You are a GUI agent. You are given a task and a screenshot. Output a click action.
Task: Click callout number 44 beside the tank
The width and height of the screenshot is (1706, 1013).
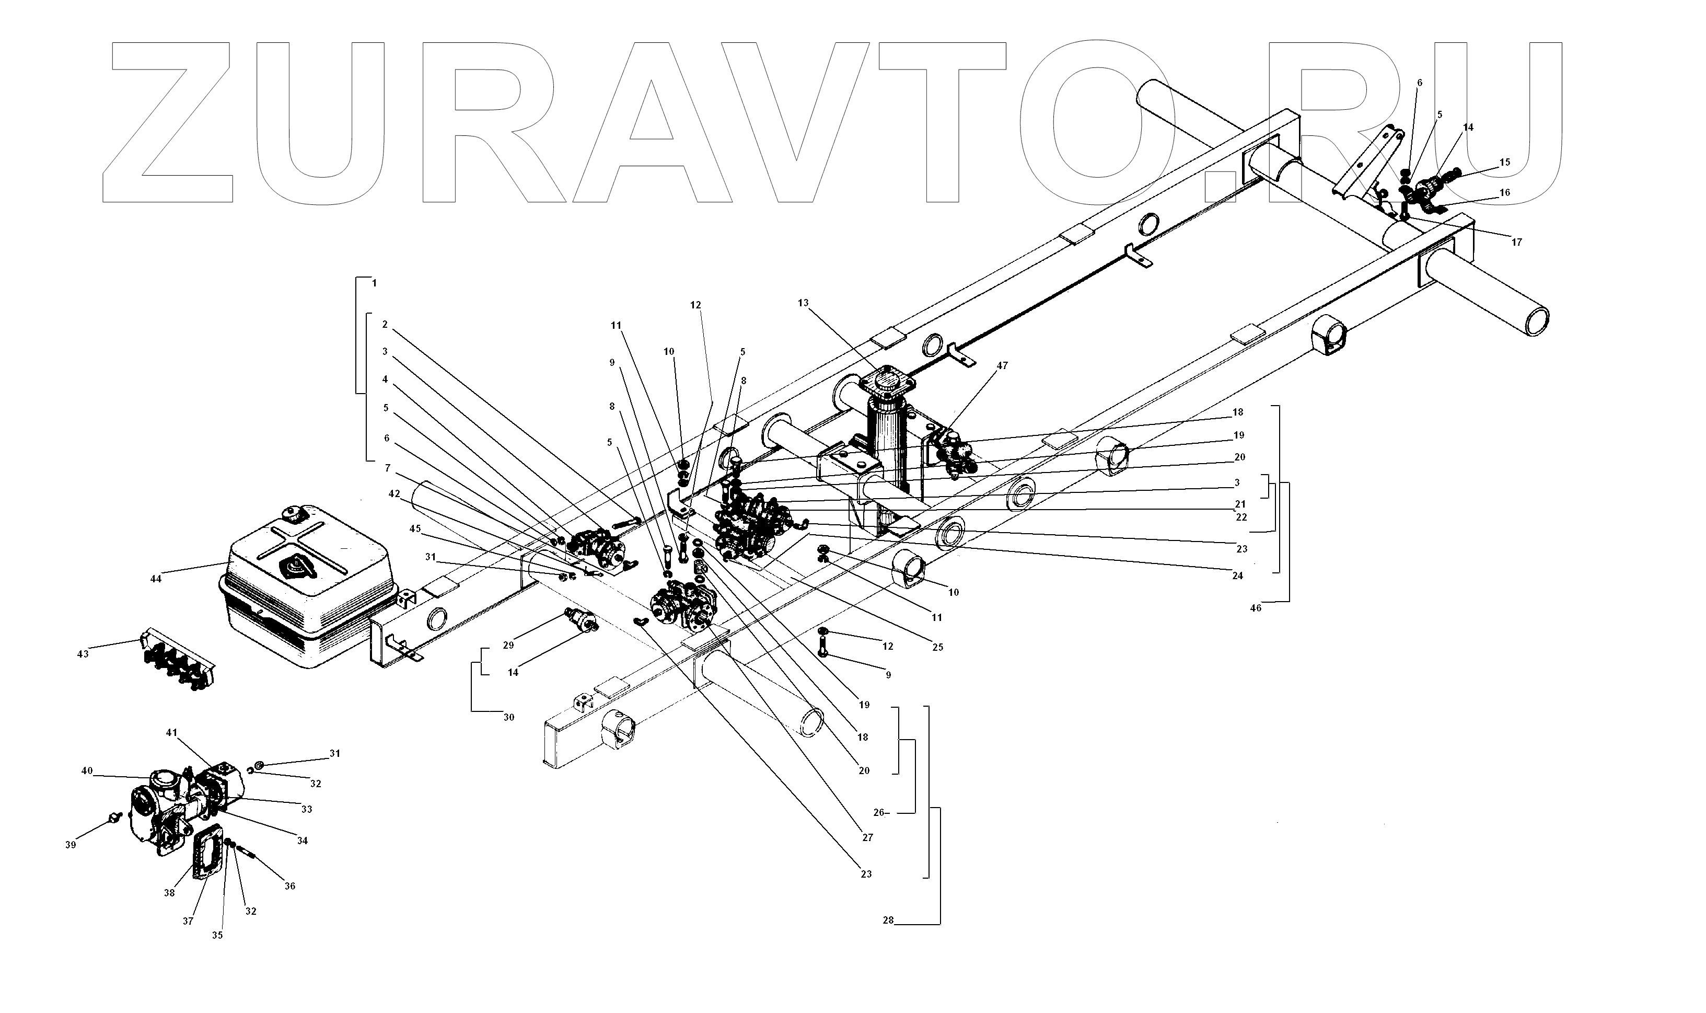[x=156, y=579]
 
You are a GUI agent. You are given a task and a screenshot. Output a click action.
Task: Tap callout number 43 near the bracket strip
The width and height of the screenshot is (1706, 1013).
[x=83, y=654]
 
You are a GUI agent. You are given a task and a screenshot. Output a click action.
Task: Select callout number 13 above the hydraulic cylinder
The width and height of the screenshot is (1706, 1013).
[x=803, y=303]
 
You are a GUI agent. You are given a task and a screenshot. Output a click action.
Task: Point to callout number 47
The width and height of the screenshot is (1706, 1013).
[x=1002, y=366]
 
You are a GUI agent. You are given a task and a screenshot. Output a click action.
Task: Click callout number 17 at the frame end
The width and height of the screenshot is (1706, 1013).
[x=1516, y=243]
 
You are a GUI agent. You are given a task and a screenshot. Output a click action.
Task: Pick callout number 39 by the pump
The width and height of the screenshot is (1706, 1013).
[x=71, y=845]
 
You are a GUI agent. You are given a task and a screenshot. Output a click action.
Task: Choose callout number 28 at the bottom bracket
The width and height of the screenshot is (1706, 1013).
[x=888, y=920]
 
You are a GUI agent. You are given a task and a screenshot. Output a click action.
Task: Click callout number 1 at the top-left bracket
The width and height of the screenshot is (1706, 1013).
[x=374, y=283]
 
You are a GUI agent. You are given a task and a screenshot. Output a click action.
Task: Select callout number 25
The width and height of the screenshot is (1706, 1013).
[x=937, y=647]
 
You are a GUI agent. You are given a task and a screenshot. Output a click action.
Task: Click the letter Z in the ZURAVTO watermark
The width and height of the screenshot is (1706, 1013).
[x=170, y=123]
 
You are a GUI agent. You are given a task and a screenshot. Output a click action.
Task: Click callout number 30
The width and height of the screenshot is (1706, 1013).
[x=509, y=718]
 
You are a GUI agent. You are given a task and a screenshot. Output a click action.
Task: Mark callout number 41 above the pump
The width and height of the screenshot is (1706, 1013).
[x=171, y=732]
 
